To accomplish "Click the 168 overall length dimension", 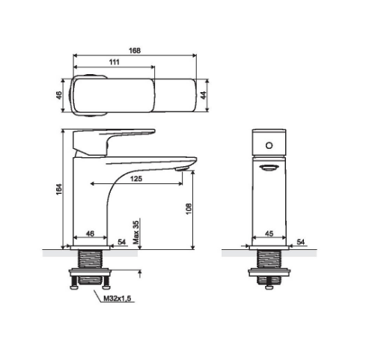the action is tap(135, 51).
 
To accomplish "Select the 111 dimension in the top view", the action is tap(115, 62).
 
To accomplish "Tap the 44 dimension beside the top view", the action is tap(204, 95).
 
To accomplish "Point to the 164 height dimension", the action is tap(58, 189).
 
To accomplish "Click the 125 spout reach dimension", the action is tap(136, 179).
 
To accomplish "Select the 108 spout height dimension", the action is tap(189, 209).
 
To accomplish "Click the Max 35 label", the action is tap(136, 232).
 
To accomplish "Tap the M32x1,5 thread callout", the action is tap(118, 299).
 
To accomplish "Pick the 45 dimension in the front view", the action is tap(269, 234).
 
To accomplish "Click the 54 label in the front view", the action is tap(301, 242).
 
